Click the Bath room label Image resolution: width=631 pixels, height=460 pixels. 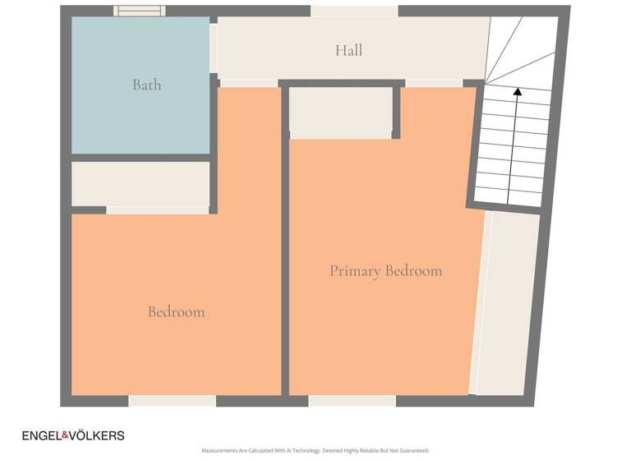coord(147,85)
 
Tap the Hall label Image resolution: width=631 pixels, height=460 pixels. coord(348,50)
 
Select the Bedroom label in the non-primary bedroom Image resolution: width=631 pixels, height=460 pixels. coord(176,311)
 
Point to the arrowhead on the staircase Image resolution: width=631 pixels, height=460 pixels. coord(517,92)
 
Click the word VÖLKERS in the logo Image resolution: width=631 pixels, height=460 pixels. coord(104,435)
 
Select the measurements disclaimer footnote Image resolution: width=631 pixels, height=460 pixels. coord(315,451)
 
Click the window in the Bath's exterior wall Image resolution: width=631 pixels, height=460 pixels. coord(139,11)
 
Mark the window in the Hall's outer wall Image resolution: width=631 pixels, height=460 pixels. coord(354,11)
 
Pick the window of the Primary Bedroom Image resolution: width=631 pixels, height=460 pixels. coord(352,401)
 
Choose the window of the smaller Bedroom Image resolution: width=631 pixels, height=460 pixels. coord(172,401)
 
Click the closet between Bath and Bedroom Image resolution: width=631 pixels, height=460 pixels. coord(140,183)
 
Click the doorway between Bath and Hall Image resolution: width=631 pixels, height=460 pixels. coord(214,48)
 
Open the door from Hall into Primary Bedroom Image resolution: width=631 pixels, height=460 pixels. coord(434,83)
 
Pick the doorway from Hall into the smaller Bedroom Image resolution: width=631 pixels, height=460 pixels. coord(248,83)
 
